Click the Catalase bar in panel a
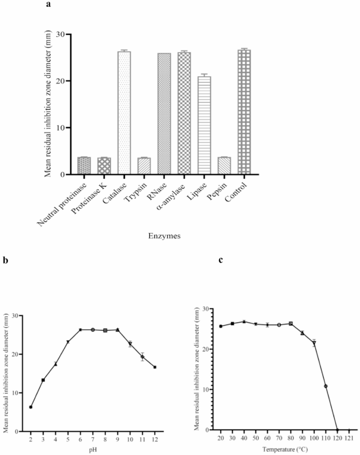[124, 113]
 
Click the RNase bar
[164, 113]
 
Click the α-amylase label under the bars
[175, 195]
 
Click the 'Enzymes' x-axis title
[164, 237]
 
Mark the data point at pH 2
[31, 407]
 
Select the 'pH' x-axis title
[93, 451]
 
